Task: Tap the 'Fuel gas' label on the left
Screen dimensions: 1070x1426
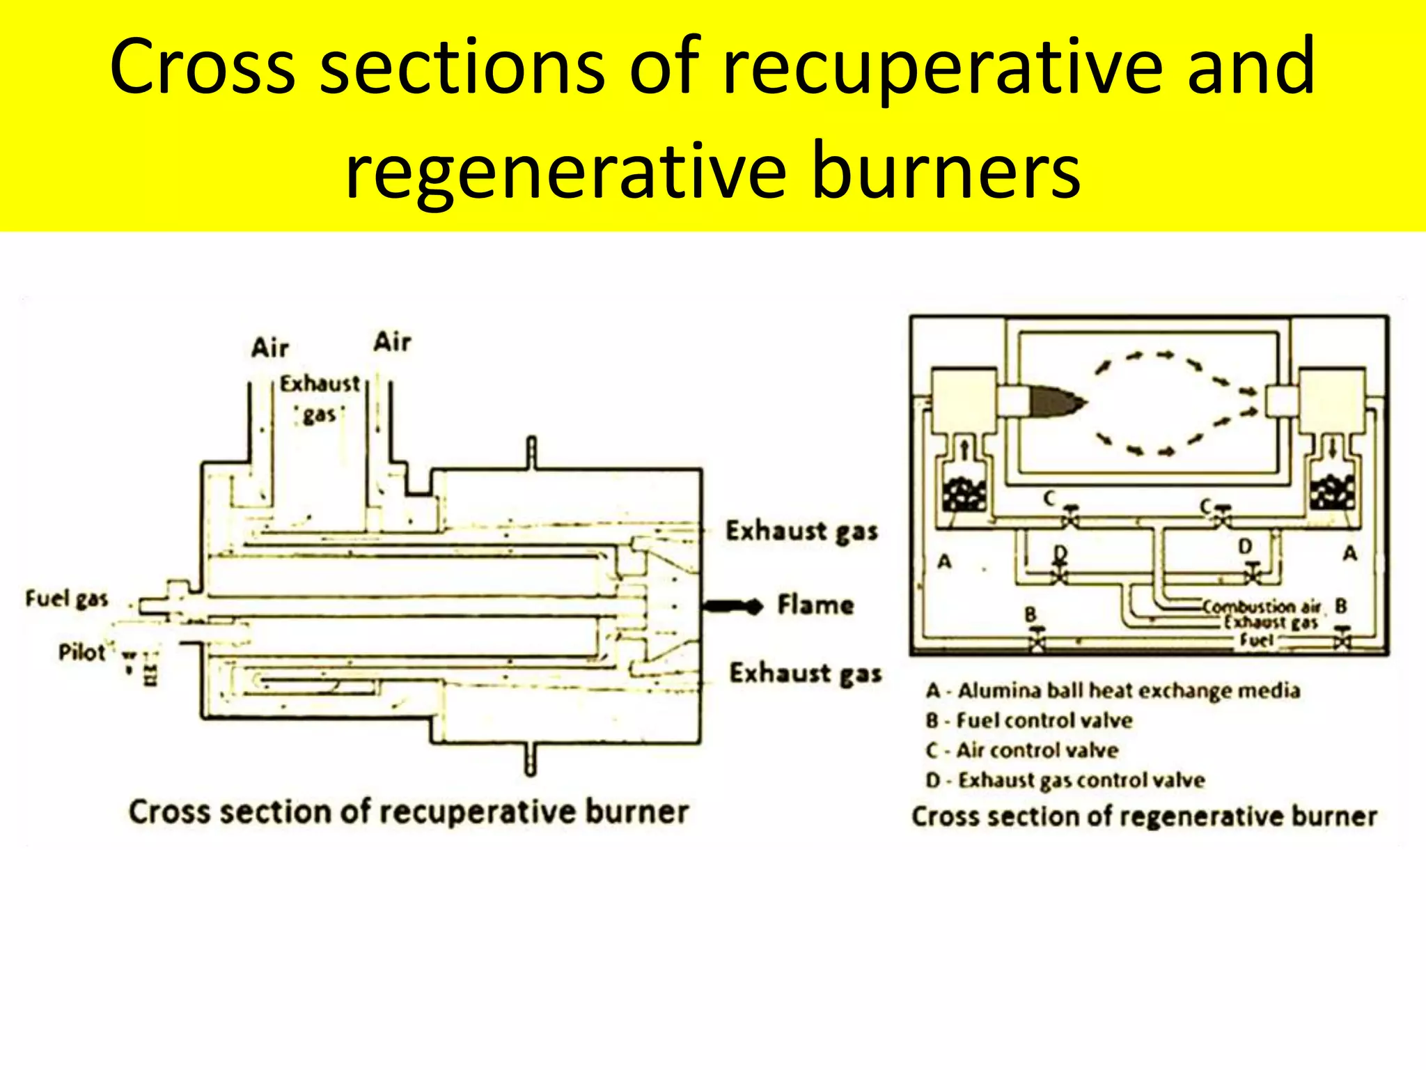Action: click(67, 598)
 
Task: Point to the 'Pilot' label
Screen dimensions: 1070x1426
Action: click(81, 653)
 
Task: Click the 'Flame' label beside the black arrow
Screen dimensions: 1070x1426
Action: click(815, 605)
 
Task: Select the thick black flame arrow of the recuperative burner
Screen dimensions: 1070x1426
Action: click(732, 606)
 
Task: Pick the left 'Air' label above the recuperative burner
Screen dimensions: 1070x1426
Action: click(269, 348)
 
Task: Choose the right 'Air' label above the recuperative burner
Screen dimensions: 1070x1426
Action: click(392, 342)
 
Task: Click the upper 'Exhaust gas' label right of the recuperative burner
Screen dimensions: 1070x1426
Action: click(801, 532)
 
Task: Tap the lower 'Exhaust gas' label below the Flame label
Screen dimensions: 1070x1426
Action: click(805, 674)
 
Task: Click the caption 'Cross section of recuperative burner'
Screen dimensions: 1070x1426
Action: click(409, 812)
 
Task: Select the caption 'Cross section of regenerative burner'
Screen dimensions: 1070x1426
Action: click(1144, 816)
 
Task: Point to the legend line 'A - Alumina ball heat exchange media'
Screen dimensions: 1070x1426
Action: click(1113, 690)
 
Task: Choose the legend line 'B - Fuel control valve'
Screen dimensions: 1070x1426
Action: click(1029, 720)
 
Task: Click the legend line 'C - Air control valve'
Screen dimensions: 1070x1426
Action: click(1022, 750)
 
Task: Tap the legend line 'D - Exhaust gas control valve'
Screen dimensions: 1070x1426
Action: click(1065, 780)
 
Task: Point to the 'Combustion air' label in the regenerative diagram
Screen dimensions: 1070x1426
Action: click(1261, 607)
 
